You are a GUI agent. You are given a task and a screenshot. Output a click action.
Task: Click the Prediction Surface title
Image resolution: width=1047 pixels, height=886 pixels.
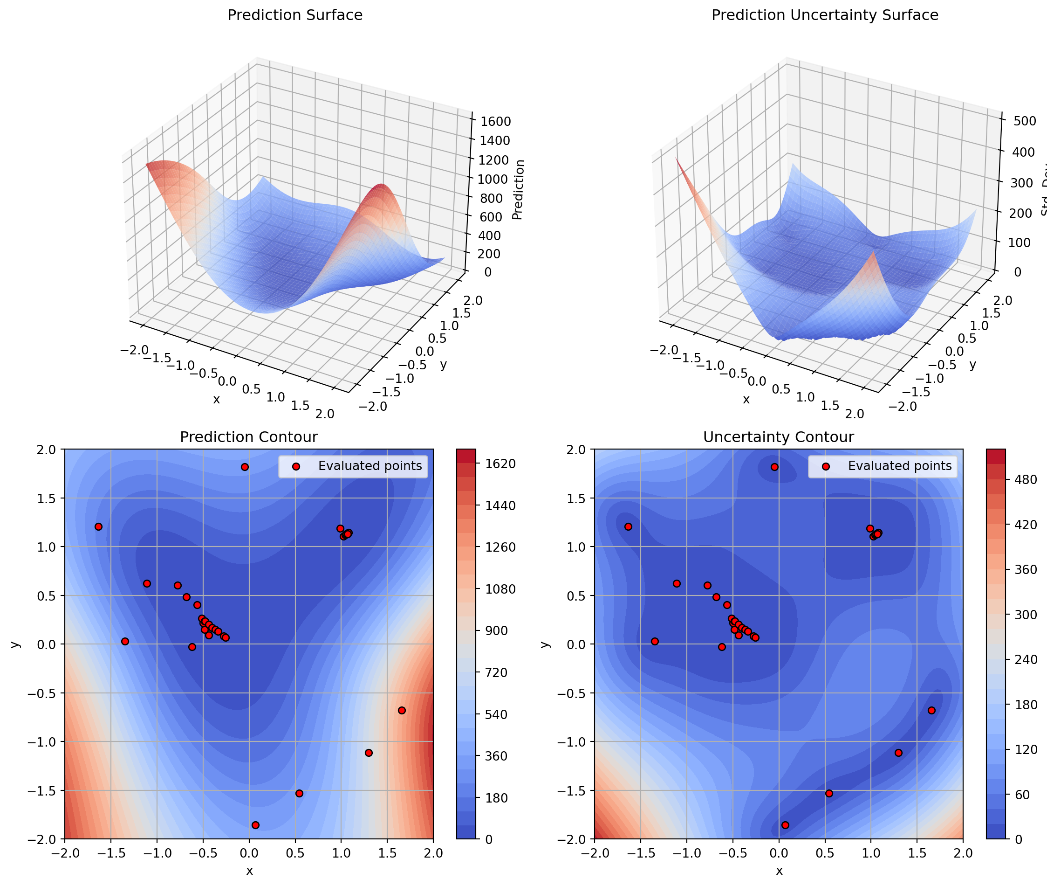pyautogui.click(x=294, y=15)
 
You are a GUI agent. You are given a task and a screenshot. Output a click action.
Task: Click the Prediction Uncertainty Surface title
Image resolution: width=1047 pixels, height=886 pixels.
pyautogui.click(x=825, y=15)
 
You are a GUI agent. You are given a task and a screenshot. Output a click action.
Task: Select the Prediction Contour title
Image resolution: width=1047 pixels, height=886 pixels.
pyautogui.click(x=248, y=437)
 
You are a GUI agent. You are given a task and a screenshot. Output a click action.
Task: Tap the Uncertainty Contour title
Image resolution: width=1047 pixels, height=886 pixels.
pyautogui.click(x=778, y=437)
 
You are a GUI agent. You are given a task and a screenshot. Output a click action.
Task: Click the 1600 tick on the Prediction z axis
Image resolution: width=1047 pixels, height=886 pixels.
pyautogui.click(x=495, y=122)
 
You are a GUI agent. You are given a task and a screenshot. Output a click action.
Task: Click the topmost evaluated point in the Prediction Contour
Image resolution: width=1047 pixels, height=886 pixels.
pyautogui.click(x=245, y=467)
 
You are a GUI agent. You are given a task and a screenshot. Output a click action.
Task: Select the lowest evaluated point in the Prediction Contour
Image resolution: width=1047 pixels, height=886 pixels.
pyautogui.click(x=255, y=825)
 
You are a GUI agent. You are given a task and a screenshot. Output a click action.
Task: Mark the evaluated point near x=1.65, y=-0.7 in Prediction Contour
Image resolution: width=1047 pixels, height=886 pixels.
pyautogui.click(x=402, y=710)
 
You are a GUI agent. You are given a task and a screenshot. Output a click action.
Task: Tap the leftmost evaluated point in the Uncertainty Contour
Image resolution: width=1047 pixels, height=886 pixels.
pyautogui.click(x=629, y=526)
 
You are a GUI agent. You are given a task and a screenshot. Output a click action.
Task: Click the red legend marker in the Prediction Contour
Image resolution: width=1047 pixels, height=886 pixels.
pyautogui.click(x=296, y=467)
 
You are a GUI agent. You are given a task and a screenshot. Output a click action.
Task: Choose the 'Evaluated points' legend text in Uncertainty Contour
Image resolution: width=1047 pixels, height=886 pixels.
pyautogui.click(x=899, y=466)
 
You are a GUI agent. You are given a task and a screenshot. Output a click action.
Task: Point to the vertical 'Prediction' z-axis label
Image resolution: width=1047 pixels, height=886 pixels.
pyautogui.click(x=519, y=189)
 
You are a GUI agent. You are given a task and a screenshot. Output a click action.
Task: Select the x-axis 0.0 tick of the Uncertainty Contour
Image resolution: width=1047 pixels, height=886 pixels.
pyautogui.click(x=779, y=853)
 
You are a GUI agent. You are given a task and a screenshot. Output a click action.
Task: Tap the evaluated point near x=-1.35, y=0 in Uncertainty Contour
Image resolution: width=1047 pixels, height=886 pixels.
pyautogui.click(x=655, y=641)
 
